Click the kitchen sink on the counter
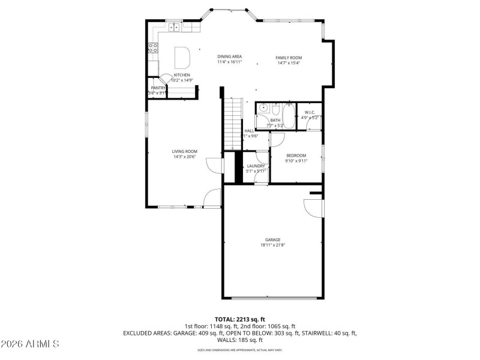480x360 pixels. (x=175, y=27)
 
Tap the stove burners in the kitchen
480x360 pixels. (x=153, y=47)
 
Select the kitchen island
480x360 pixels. (x=182, y=58)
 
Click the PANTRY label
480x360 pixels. (x=158, y=88)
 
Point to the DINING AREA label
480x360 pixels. (x=229, y=56)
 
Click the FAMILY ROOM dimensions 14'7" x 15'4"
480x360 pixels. (x=289, y=62)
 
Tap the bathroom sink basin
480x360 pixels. (x=263, y=110)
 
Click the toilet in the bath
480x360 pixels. (x=275, y=110)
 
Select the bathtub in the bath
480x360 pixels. (x=289, y=116)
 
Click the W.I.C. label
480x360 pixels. (x=310, y=112)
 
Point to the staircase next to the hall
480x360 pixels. (x=232, y=123)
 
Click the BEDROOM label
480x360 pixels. (x=296, y=155)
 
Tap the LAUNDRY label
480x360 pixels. (x=256, y=166)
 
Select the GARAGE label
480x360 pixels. (x=273, y=239)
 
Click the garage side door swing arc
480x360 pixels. (x=311, y=207)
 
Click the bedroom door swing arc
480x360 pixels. (x=277, y=139)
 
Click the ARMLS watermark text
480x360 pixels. (x=30, y=344)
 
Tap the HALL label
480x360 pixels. (x=249, y=131)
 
